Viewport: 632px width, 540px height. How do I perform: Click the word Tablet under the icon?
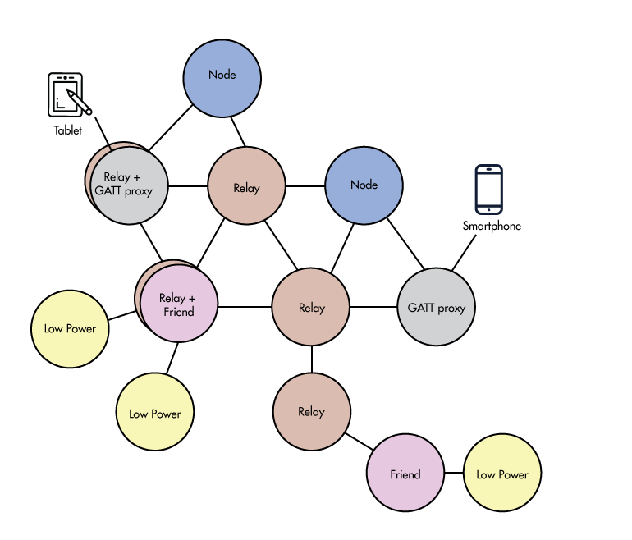68,130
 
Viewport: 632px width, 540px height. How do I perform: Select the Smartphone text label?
492,226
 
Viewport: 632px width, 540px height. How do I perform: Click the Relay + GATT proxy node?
129,185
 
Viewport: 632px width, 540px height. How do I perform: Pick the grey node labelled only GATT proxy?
436,308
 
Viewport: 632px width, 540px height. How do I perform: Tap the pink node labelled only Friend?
405,474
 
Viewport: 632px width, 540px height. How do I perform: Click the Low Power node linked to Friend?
502,474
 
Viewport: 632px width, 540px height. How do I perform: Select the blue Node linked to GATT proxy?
364,185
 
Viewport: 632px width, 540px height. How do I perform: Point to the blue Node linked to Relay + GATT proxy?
222,75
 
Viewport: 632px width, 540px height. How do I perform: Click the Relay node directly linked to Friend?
311,411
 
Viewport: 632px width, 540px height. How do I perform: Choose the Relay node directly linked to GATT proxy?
311,308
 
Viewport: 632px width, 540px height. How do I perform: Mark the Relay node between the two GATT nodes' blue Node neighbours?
246,187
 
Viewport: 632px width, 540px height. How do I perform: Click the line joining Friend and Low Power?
454,474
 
